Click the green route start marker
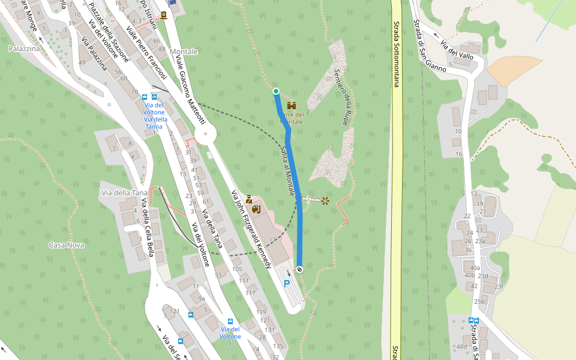[x=276, y=91]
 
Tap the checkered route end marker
[x=299, y=269]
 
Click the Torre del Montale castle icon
[x=292, y=106]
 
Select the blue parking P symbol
[x=287, y=284]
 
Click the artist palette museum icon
[x=256, y=209]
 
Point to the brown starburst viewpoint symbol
[x=325, y=200]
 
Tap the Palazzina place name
[x=24, y=48]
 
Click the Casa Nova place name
[x=67, y=245]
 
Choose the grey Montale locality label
[x=184, y=52]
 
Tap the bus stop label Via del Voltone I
[x=230, y=332]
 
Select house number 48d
[x=461, y=347]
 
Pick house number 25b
[x=479, y=301]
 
